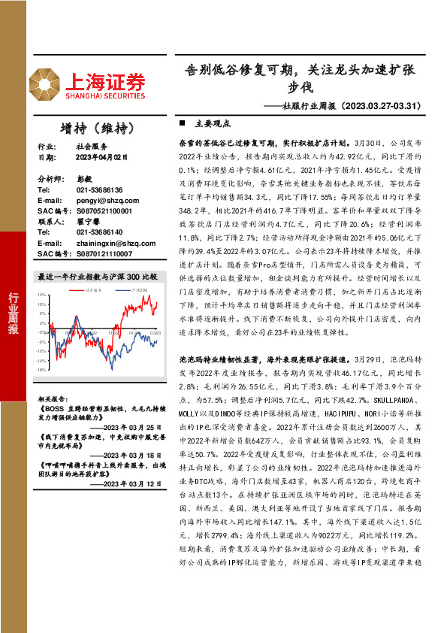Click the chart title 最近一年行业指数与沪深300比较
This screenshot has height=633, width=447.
[x=98, y=277]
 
